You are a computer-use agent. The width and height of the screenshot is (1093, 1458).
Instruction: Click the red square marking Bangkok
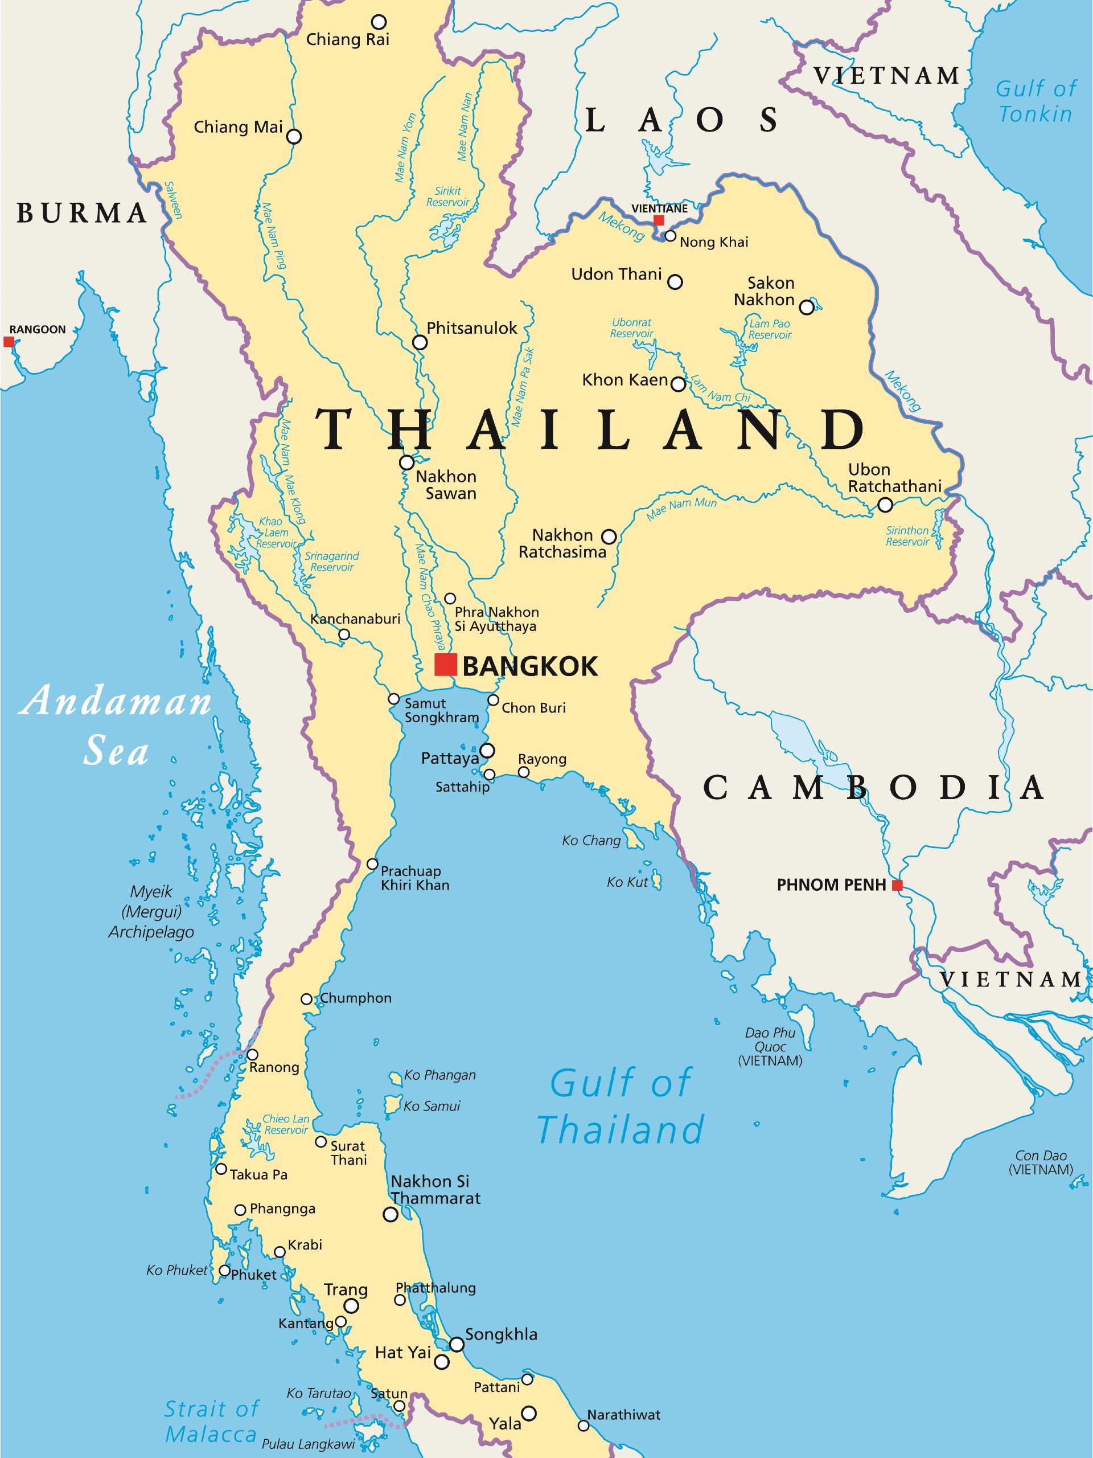coord(445,665)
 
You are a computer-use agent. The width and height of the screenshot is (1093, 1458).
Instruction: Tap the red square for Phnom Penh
coord(897,885)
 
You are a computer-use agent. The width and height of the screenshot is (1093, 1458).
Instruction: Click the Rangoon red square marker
coord(9,341)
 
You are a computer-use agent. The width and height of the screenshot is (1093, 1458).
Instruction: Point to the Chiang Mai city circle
coord(294,137)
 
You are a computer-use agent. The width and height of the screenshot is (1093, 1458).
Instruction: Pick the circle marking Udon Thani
coord(675,282)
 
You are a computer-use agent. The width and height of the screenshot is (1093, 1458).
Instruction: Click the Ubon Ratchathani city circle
coord(885,505)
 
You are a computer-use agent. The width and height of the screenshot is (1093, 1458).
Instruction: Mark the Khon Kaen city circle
coord(678,384)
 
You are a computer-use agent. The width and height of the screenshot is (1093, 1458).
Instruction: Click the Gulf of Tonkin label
coord(1035,101)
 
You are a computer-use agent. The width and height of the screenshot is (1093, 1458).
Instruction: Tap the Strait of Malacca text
coord(211,1422)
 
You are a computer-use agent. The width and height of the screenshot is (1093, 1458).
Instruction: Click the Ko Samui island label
coord(432,1106)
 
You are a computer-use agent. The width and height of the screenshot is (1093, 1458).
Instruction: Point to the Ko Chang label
coord(591,841)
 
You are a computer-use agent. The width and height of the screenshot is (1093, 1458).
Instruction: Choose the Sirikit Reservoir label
coord(447,196)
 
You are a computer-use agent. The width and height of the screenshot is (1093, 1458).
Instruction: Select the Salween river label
coord(172,200)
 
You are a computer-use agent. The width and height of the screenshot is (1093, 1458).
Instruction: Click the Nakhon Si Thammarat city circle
coord(390,1214)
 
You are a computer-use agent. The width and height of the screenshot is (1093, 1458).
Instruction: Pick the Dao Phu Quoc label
coord(770,1047)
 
